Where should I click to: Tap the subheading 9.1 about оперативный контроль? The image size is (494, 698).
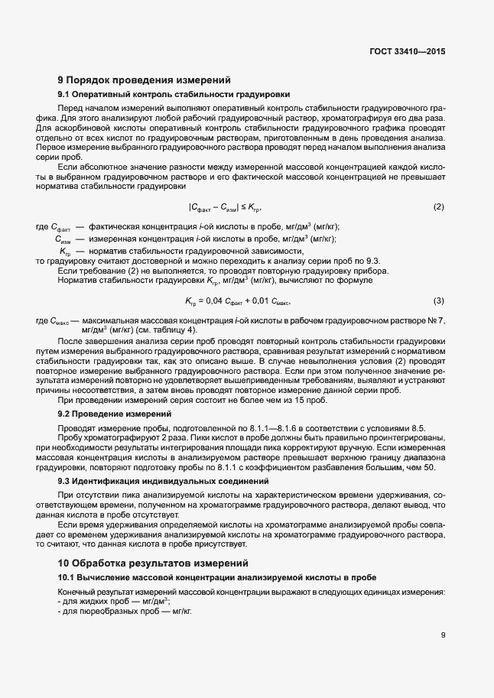(174, 95)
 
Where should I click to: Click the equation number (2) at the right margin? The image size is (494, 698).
(439, 207)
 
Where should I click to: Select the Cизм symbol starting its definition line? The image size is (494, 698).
(63, 239)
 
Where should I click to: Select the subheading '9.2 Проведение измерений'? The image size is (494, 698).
(109, 413)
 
